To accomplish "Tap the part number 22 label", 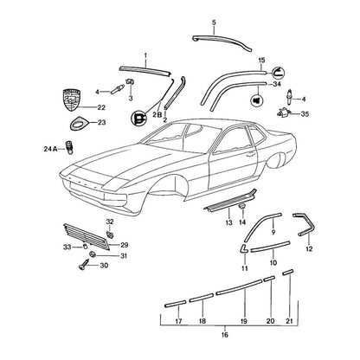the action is pos(101,107).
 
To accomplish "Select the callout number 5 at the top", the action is pos(214,22).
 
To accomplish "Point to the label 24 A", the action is pos(50,149).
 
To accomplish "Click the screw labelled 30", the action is pos(84,264).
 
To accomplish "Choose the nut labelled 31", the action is pos(93,254).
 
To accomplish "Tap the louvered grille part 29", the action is pos(86,236).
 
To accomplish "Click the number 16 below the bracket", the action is pos(225,335).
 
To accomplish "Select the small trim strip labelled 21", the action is pos(288,272).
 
